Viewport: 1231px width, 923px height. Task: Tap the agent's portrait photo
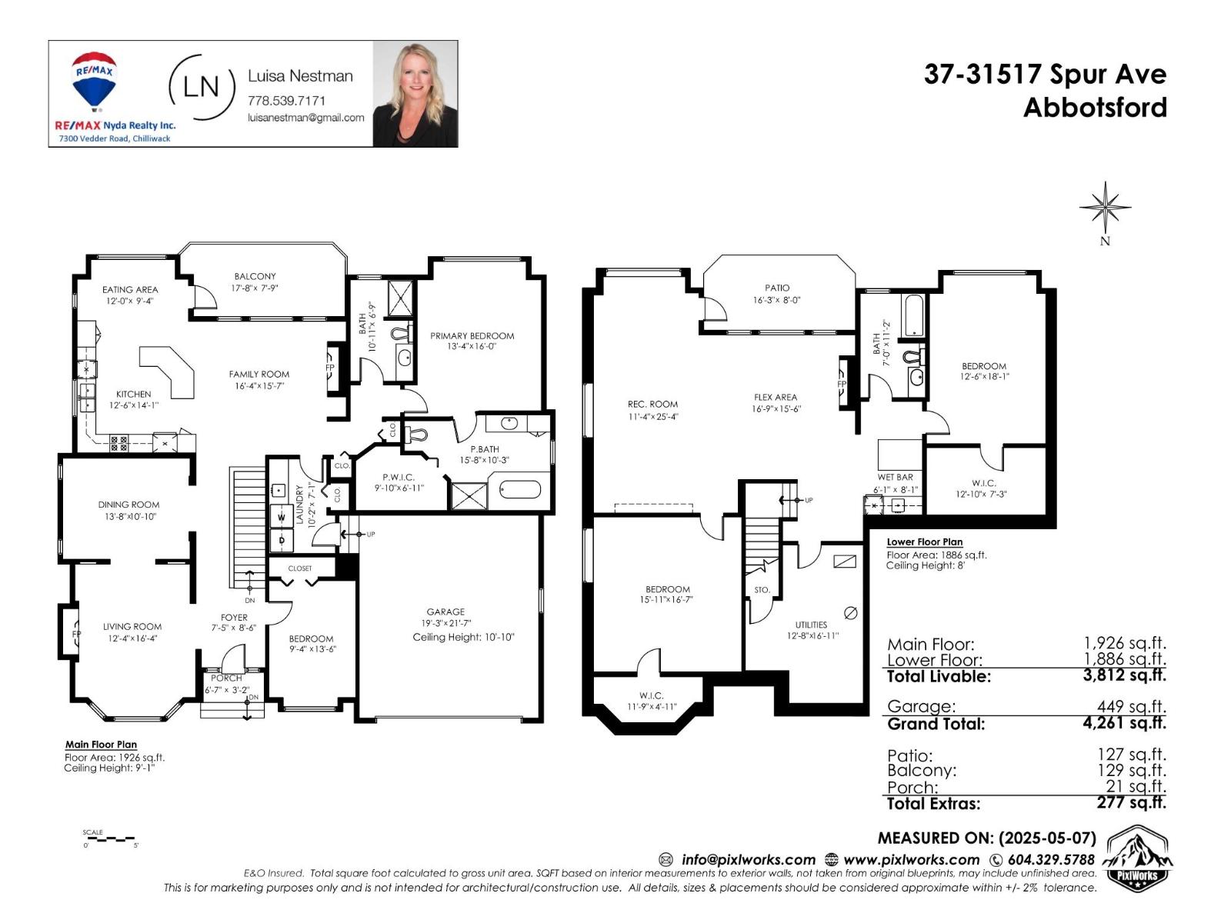pos(415,94)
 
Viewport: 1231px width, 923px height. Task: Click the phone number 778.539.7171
pos(286,101)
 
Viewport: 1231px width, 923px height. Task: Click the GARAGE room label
pos(445,612)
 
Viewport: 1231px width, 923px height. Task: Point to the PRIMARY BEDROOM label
pos(472,336)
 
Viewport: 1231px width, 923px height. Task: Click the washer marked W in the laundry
pos(281,518)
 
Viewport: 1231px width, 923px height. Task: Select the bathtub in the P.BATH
pos(520,489)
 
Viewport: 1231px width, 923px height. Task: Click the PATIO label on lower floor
pos(777,288)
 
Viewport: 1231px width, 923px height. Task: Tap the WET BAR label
pos(895,478)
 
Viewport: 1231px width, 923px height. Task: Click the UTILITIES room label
pos(811,625)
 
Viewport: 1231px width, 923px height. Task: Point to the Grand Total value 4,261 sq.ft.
pos(1124,723)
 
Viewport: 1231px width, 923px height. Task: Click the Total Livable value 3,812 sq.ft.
pos(1124,675)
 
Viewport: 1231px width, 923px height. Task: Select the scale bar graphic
pos(109,838)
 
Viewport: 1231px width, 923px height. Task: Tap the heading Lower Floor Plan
pos(924,542)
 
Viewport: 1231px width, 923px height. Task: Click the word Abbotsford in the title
pos(1094,108)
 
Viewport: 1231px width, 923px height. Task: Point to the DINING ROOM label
pos(128,505)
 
